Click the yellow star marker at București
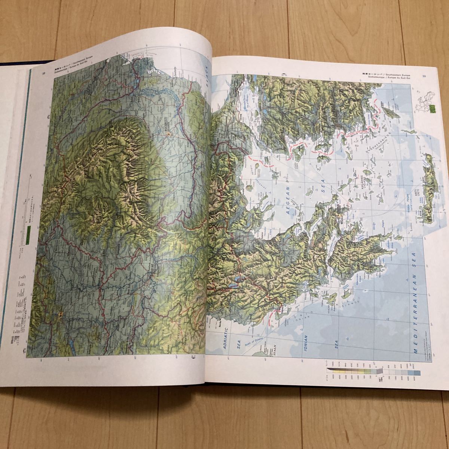pyautogui.click(x=168, y=133)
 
